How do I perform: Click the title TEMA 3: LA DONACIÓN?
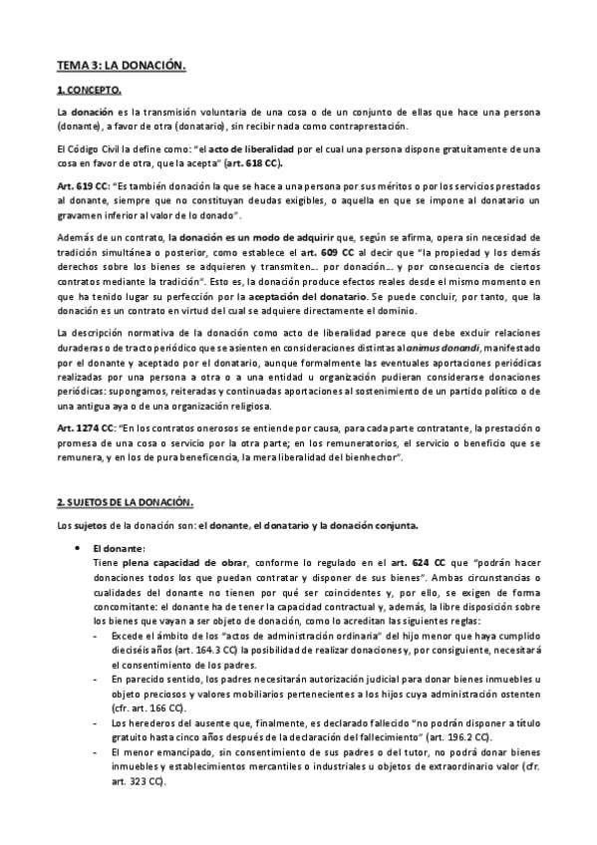coord(121,66)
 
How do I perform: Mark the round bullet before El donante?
coord(77,548)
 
